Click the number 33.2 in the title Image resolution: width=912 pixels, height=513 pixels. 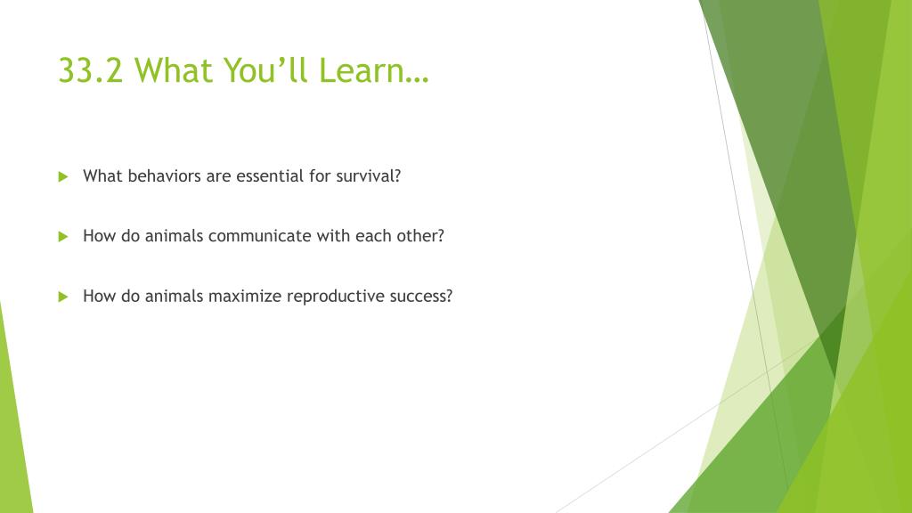(91, 70)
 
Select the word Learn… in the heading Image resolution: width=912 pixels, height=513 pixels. (373, 70)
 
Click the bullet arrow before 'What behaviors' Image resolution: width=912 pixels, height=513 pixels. (63, 177)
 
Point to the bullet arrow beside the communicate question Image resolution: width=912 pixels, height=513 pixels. (63, 237)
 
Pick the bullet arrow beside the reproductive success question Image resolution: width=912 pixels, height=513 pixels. (63, 297)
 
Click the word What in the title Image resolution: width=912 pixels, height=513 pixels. (174, 70)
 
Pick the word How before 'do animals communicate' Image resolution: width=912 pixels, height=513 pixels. (100, 235)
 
